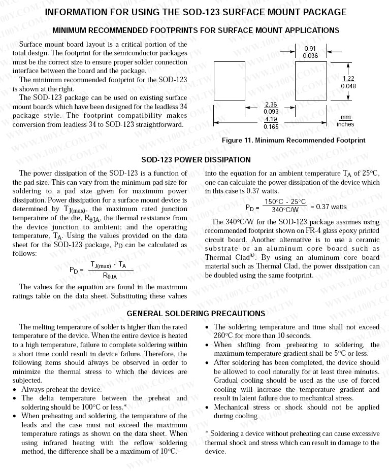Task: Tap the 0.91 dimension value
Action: (x=310, y=49)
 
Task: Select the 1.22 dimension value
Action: (x=348, y=79)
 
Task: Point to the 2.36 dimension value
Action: (x=271, y=105)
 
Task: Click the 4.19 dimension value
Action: (x=271, y=120)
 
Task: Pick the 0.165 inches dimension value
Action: (x=271, y=127)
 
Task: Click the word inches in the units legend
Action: (x=345, y=124)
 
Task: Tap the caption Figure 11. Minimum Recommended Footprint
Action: (x=294, y=140)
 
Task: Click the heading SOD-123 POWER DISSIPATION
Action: (x=196, y=160)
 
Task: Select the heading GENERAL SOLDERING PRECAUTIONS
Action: (x=196, y=314)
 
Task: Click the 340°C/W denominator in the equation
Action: (x=285, y=210)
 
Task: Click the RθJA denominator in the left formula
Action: (x=109, y=276)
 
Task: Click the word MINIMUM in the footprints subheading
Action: (x=69, y=30)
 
